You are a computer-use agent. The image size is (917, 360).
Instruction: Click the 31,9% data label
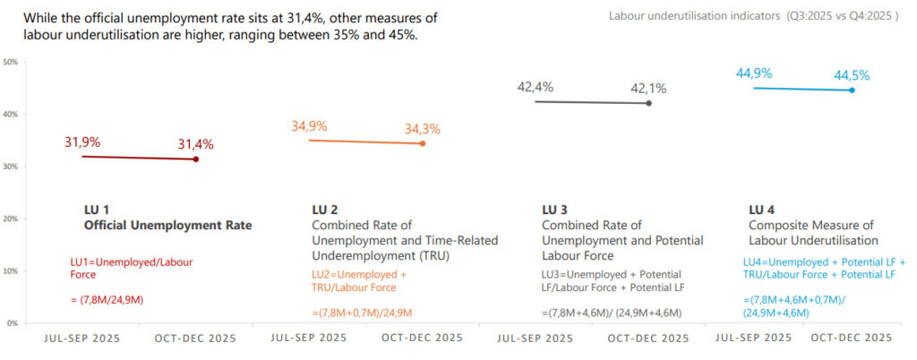coord(82,142)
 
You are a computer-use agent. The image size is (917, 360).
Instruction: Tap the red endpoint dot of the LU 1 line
coord(196,159)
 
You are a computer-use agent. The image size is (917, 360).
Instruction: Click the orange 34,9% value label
coord(309,126)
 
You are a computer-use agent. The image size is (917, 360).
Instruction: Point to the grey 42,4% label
coord(536,88)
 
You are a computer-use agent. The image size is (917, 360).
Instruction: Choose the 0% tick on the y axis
coord(12,322)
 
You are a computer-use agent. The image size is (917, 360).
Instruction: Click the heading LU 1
coord(97,210)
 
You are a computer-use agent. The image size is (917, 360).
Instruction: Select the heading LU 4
coord(763,210)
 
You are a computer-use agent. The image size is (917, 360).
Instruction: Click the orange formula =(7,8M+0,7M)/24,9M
coord(362,313)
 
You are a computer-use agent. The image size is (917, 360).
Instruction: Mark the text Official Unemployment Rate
coord(167,226)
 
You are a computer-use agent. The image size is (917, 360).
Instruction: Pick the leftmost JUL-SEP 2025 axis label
coord(83,339)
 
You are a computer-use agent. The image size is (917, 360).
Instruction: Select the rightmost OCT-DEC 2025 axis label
coord(852,339)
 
